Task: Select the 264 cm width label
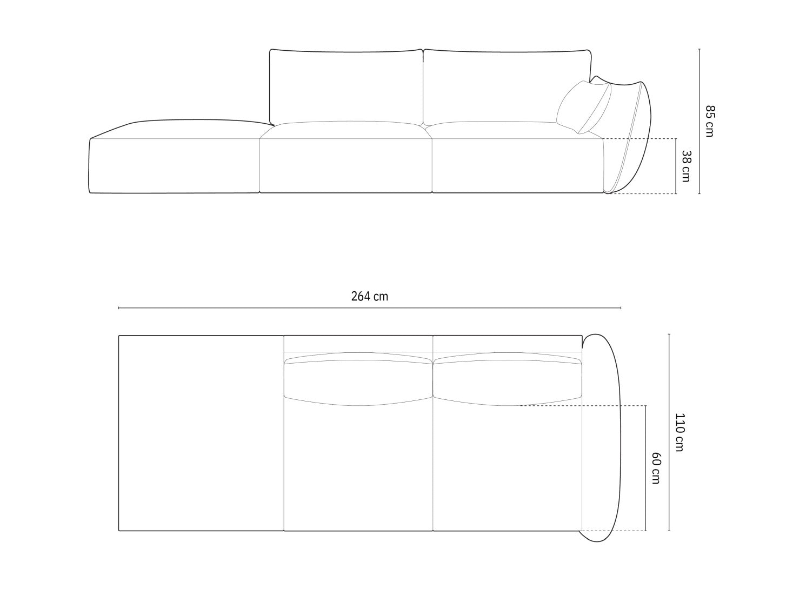click(x=370, y=296)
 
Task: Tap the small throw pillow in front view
click(x=583, y=108)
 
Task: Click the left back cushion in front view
click(x=346, y=87)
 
